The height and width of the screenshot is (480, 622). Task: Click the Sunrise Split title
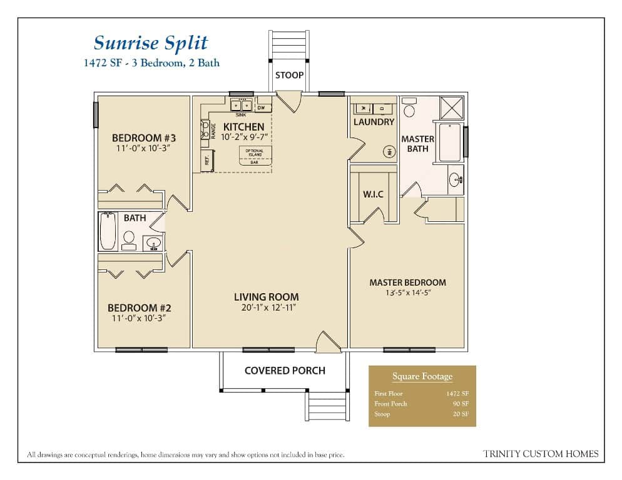(150, 43)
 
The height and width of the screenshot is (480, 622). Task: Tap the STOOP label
(289, 75)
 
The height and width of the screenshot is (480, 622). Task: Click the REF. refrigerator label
(206, 160)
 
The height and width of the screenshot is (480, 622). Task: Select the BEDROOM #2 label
(139, 308)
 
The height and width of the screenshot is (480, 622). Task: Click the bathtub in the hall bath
(109, 231)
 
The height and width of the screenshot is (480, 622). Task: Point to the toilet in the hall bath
(130, 238)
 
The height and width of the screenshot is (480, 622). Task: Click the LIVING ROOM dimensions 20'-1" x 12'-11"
(267, 307)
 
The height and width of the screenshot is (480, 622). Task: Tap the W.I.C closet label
(373, 194)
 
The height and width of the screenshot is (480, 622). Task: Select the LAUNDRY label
(374, 122)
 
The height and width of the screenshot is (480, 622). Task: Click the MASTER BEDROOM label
(407, 282)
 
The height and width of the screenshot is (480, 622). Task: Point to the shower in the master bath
(452, 107)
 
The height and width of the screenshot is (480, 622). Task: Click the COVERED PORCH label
(285, 371)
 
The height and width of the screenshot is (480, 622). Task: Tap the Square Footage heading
(422, 376)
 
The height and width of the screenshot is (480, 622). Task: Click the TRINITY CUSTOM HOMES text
(541, 454)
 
